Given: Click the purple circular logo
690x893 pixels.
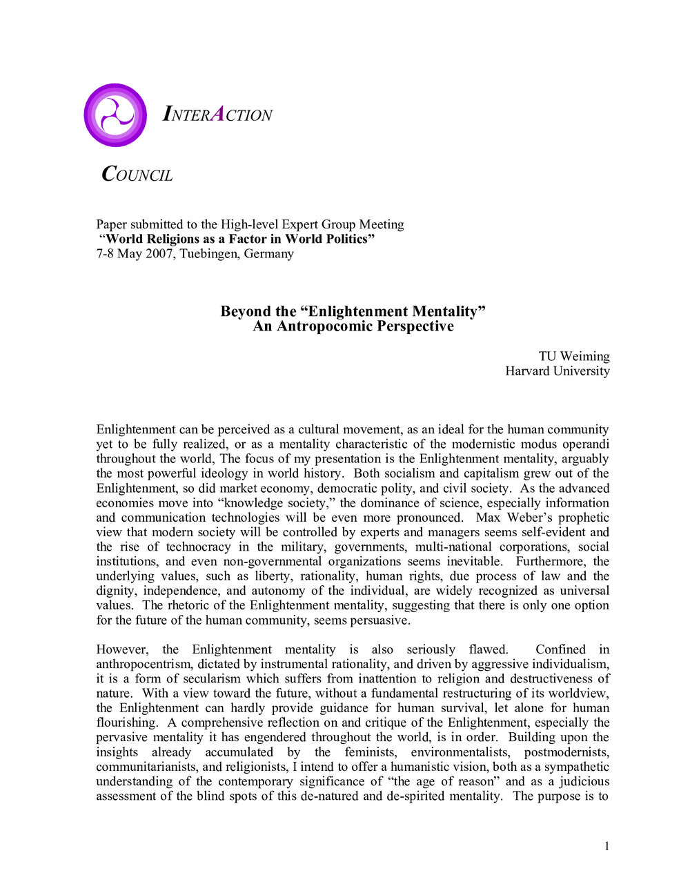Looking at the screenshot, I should (115, 115).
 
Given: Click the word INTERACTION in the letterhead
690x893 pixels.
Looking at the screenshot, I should (217, 115).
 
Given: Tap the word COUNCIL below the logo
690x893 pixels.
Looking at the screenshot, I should (137, 175).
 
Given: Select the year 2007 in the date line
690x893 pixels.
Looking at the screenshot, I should (160, 253).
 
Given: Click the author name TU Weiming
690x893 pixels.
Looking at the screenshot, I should (574, 356).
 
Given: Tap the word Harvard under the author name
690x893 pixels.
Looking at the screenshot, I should (531, 371).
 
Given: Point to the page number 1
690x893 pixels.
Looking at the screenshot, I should (607, 847).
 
